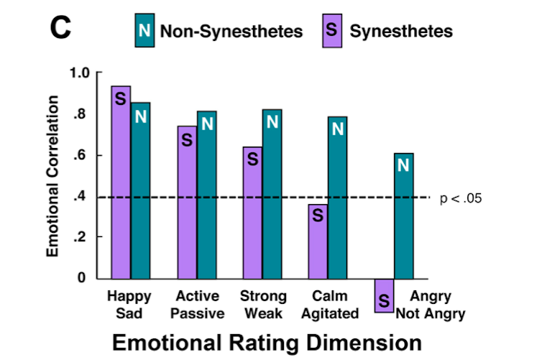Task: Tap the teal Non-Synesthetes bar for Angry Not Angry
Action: click(403, 215)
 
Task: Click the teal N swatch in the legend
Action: click(144, 31)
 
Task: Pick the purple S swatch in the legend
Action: click(331, 31)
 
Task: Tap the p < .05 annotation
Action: click(460, 198)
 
